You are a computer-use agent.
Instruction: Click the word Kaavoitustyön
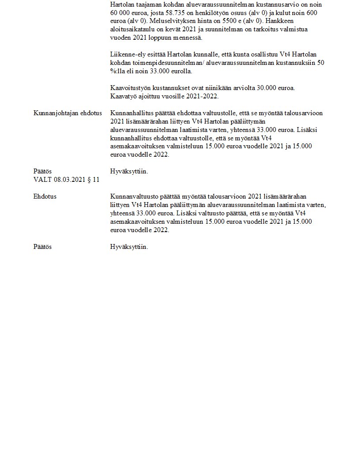click(130, 88)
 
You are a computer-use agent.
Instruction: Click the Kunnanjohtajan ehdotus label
click(67, 113)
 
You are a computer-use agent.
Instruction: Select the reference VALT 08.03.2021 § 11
click(66, 180)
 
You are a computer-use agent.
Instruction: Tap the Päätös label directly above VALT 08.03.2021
click(42, 171)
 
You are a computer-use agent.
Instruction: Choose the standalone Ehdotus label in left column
click(45, 196)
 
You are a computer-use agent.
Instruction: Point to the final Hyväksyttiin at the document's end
click(129, 247)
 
